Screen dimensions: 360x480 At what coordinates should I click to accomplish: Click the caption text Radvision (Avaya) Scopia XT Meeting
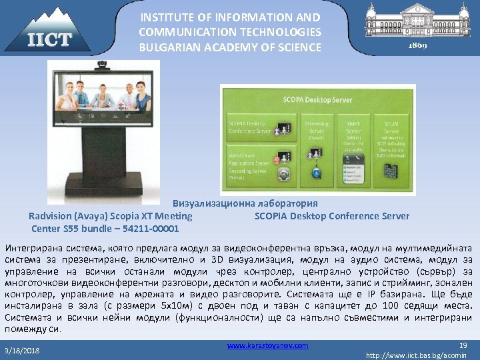[x=111, y=216]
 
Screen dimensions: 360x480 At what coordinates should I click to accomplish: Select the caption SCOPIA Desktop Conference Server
[x=332, y=216]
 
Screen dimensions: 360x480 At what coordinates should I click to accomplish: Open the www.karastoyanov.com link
[x=267, y=345]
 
